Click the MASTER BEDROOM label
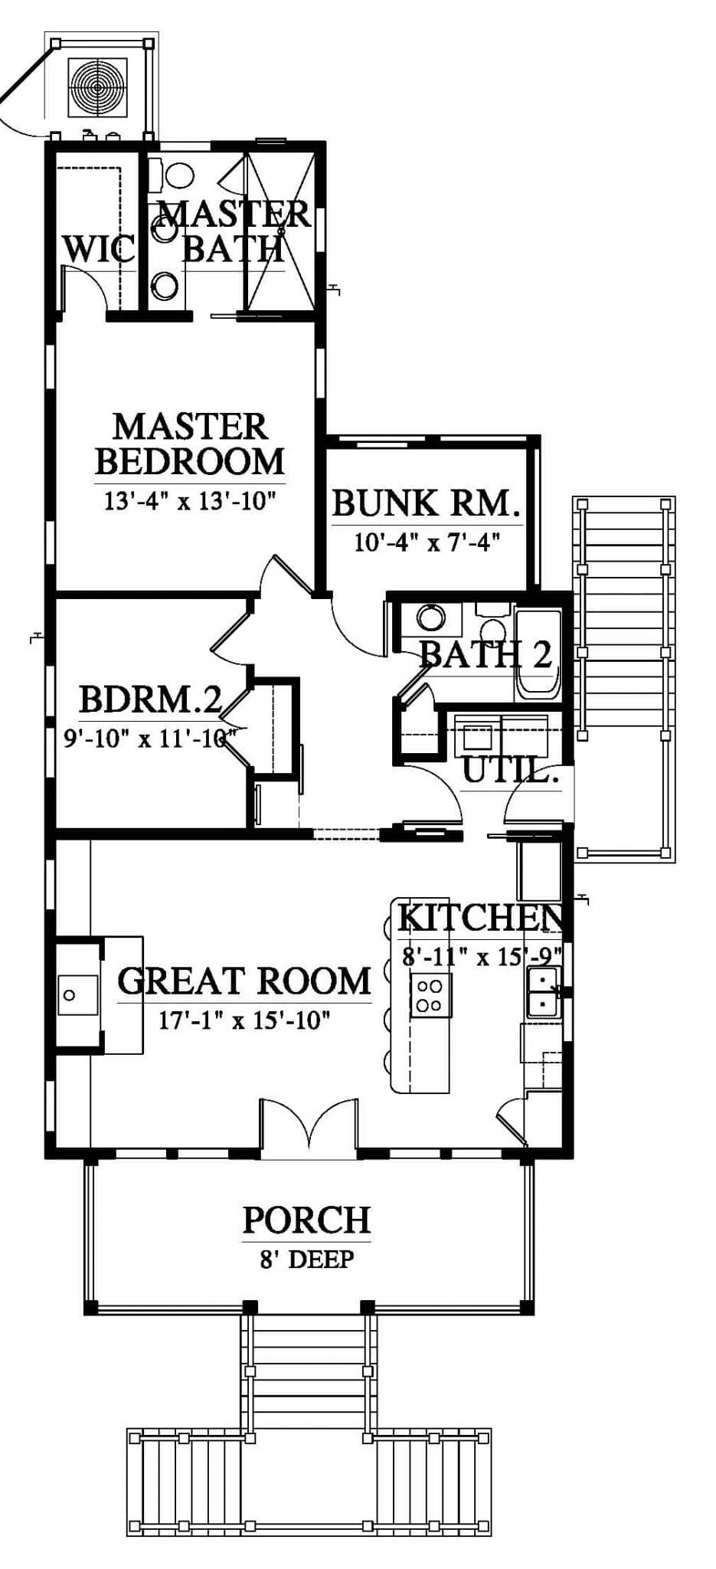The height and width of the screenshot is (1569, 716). [x=190, y=444]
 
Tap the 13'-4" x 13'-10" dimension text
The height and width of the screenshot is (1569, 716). [x=190, y=502]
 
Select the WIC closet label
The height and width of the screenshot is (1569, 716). [x=98, y=249]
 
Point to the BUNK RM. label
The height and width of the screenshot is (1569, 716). [x=427, y=503]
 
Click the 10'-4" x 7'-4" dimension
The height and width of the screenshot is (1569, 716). [x=427, y=542]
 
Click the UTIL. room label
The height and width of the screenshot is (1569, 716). [x=509, y=771]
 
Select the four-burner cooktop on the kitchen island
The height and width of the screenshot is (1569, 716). [x=430, y=995]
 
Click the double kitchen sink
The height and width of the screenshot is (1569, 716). [x=543, y=992]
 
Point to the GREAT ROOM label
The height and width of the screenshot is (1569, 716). [x=244, y=981]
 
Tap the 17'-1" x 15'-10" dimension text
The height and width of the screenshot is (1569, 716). [x=244, y=1020]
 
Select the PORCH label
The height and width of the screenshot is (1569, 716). [x=306, y=1220]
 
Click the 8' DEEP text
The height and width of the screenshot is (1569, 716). [x=306, y=1259]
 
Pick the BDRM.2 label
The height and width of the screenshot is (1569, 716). [x=151, y=699]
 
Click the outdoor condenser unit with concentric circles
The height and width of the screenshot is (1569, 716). [x=97, y=87]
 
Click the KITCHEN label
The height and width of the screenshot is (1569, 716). [x=481, y=918]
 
